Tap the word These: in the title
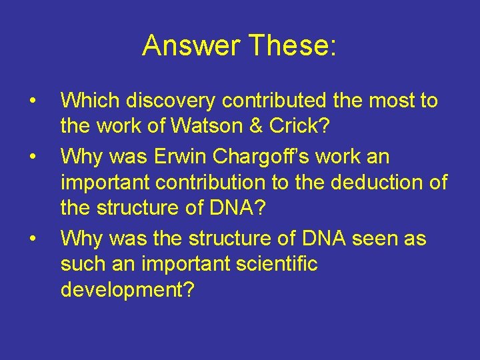(293, 46)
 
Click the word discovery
(169, 101)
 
